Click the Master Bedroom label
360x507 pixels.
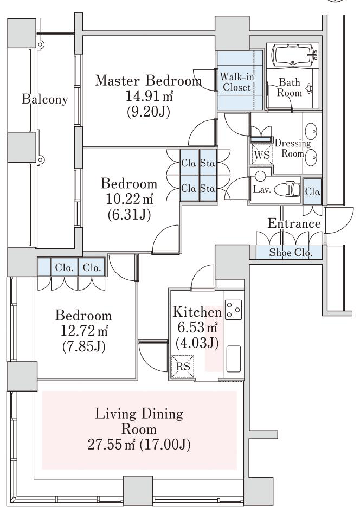(x=148, y=80)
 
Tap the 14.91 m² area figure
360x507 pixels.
(x=149, y=96)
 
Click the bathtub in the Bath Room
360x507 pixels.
(x=294, y=55)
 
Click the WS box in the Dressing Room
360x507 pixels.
(x=262, y=155)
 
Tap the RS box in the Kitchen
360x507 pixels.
(x=183, y=367)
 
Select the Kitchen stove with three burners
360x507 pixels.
(x=233, y=310)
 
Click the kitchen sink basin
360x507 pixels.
(x=233, y=359)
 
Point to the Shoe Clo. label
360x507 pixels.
(x=291, y=252)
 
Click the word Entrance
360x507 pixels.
(x=294, y=223)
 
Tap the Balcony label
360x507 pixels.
(x=45, y=99)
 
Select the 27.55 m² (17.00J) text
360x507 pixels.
(x=139, y=445)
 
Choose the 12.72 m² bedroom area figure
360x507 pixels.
(x=84, y=330)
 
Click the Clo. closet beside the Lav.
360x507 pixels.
(x=312, y=191)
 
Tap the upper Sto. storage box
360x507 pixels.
(x=208, y=163)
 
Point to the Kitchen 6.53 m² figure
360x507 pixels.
(x=197, y=328)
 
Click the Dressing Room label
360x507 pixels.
(x=293, y=148)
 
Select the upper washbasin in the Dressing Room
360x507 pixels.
(x=312, y=131)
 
